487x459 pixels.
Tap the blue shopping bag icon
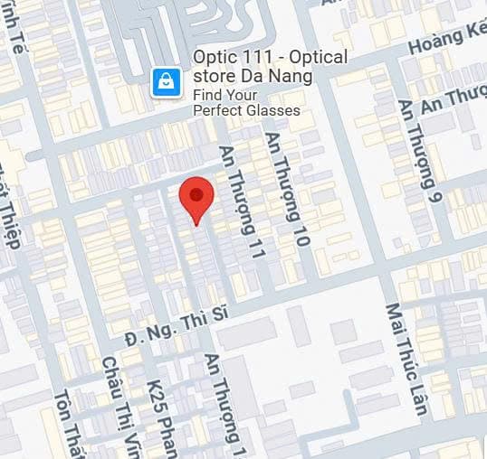pos(167,83)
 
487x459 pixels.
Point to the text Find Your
pos(225,95)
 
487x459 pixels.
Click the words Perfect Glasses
pos(246,111)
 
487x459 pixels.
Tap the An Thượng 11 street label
pos(242,204)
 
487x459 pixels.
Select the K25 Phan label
pos(159,419)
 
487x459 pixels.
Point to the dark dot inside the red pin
pos(196,192)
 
